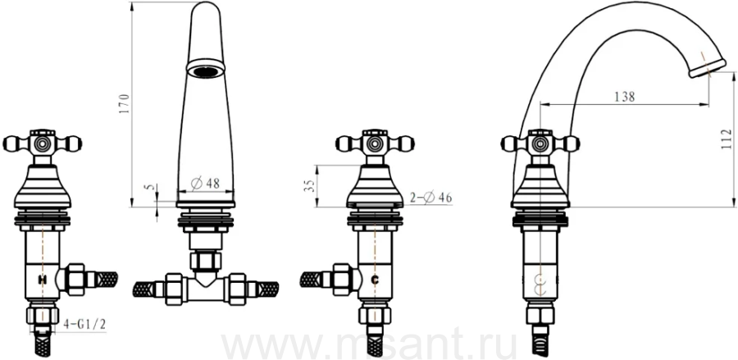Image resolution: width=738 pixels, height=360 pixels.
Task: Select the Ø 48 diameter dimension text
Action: click(x=206, y=183)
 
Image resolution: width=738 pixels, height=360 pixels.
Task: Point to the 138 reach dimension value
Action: click(x=625, y=97)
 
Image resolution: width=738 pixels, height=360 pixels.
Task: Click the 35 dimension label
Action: click(x=309, y=185)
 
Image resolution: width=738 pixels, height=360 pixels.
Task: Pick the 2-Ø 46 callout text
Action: click(x=430, y=198)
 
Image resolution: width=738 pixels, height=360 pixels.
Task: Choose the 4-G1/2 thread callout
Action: click(x=84, y=325)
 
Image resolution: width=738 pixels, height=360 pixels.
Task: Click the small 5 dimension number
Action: click(x=150, y=187)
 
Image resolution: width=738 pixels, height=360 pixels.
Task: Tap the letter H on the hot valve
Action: click(x=43, y=280)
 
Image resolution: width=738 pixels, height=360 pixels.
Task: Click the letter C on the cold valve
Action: click(x=375, y=280)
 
